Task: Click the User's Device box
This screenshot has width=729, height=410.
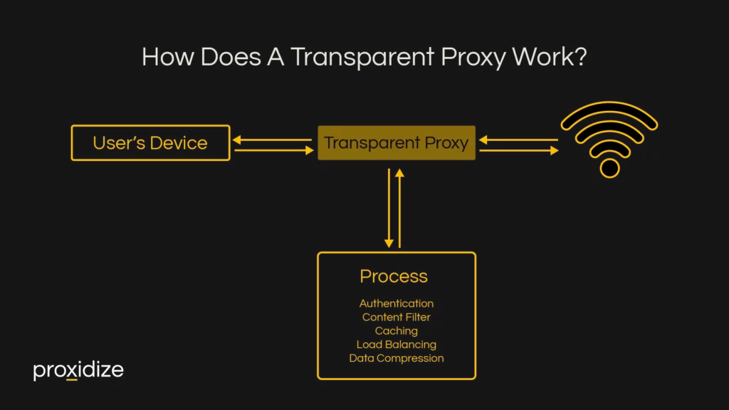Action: pyautogui.click(x=150, y=143)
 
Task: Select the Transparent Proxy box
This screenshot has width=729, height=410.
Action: pyautogui.click(x=396, y=143)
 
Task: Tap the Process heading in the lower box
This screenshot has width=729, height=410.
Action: pyautogui.click(x=394, y=276)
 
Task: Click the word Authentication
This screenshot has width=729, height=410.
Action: pyautogui.click(x=397, y=304)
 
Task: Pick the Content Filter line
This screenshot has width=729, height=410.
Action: pyautogui.click(x=397, y=317)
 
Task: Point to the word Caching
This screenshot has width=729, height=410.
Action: pyautogui.click(x=397, y=331)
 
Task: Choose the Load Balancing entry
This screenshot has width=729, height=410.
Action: pyautogui.click(x=397, y=345)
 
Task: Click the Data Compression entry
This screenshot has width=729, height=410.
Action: pyautogui.click(x=397, y=358)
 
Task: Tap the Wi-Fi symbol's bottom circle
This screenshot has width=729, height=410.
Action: pyautogui.click(x=609, y=168)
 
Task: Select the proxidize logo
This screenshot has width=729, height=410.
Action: pyautogui.click(x=78, y=371)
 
